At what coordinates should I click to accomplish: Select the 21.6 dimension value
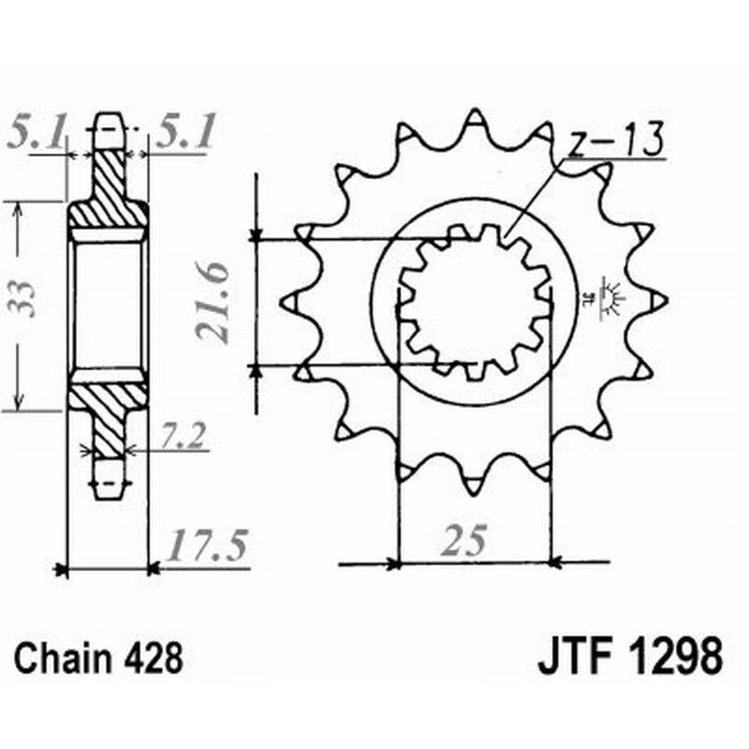click(x=214, y=305)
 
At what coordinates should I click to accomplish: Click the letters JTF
click(x=573, y=657)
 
